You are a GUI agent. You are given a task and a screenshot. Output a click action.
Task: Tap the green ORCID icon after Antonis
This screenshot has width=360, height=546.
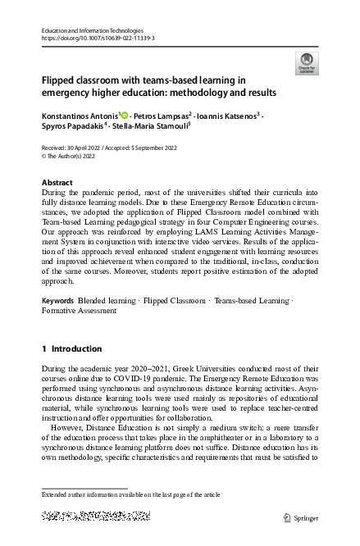click(125, 116)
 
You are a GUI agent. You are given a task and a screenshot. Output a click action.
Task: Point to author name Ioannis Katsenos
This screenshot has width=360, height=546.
click(229, 116)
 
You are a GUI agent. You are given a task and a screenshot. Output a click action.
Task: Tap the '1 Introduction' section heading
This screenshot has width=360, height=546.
click(71, 348)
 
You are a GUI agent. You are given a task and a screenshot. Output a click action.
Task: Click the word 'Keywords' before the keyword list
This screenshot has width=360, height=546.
click(57, 301)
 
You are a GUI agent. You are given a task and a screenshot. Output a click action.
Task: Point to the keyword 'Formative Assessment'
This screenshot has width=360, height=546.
click(79, 311)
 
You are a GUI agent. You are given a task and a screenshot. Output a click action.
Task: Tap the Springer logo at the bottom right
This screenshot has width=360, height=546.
click(298, 517)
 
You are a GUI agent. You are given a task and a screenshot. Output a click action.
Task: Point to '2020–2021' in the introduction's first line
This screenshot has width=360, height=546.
click(151, 371)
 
